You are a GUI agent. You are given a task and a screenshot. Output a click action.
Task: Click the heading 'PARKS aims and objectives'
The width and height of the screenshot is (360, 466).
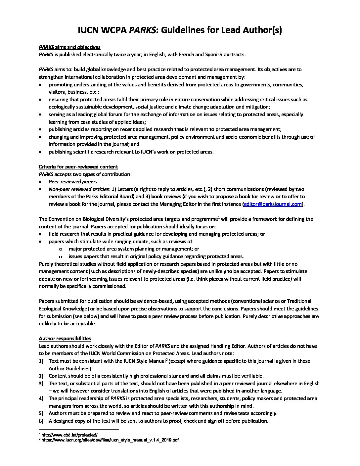click(69, 47)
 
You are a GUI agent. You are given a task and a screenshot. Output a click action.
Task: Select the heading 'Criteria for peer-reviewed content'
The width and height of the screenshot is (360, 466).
click(78, 167)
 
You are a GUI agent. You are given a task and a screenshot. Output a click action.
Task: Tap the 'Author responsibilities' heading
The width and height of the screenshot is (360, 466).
click(65, 338)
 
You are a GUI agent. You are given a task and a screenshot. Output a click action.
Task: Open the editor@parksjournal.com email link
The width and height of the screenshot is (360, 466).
click(273, 204)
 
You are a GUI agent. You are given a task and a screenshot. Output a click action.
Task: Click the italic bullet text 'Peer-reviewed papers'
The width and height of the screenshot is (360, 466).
click(73, 182)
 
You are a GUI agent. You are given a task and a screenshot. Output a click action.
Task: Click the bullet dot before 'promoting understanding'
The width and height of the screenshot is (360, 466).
click(40, 85)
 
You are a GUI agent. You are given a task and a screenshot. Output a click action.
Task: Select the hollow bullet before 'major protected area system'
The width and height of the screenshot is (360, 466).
click(61, 249)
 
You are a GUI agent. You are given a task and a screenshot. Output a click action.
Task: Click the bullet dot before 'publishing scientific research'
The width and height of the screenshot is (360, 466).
click(40, 152)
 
